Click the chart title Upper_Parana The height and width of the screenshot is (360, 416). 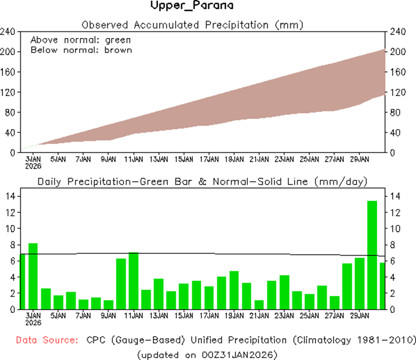pyautogui.click(x=192, y=6)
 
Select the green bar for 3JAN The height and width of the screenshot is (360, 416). pyautogui.click(x=33, y=276)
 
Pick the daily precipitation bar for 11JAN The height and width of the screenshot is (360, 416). pyautogui.click(x=133, y=280)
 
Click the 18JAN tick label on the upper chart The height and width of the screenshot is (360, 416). pyautogui.click(x=234, y=159)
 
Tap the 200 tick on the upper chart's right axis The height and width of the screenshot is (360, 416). pyautogui.click(x=397, y=52)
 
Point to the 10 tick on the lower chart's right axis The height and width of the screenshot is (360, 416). pyautogui.click(x=396, y=229)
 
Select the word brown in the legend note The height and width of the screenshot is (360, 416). pyautogui.click(x=118, y=50)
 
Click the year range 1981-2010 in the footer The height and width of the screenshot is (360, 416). pyautogui.click(x=386, y=340)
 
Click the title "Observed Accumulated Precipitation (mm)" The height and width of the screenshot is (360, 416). pyautogui.click(x=192, y=25)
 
